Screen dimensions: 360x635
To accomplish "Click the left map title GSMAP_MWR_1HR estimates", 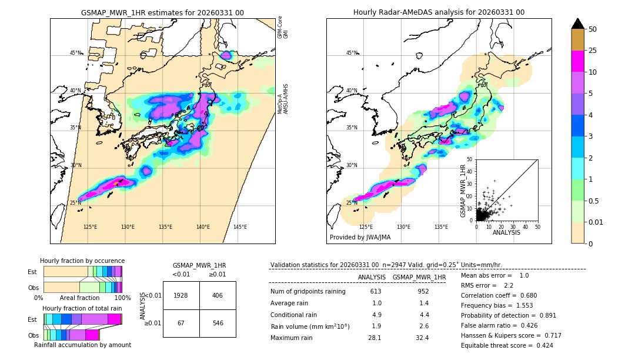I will [162, 12].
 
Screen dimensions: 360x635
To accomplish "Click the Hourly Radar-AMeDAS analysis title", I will [439, 12].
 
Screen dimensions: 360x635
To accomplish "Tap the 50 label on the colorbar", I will [593, 29].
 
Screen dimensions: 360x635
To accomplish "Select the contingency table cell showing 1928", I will [181, 295].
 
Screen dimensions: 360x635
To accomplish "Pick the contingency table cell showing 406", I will [218, 295].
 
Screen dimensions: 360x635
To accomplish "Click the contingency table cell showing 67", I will [181, 323].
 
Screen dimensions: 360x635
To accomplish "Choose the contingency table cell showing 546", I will [218, 323].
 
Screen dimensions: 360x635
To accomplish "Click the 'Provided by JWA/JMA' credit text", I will [360, 238].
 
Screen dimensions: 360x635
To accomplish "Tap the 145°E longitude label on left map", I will [240, 227].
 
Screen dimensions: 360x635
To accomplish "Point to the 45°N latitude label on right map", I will [352, 53].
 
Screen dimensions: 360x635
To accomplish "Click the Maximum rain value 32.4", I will [422, 338].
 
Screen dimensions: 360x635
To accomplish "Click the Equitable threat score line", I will [507, 345].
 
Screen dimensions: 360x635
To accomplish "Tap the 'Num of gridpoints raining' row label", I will [308, 292].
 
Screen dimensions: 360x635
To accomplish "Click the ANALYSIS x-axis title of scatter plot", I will [506, 232].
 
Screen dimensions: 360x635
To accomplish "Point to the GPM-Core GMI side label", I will [283, 27].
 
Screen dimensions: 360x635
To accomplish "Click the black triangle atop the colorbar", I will [578, 24].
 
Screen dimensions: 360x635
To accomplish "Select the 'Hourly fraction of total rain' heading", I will [82, 308].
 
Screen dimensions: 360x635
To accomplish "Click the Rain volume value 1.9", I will [377, 326].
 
